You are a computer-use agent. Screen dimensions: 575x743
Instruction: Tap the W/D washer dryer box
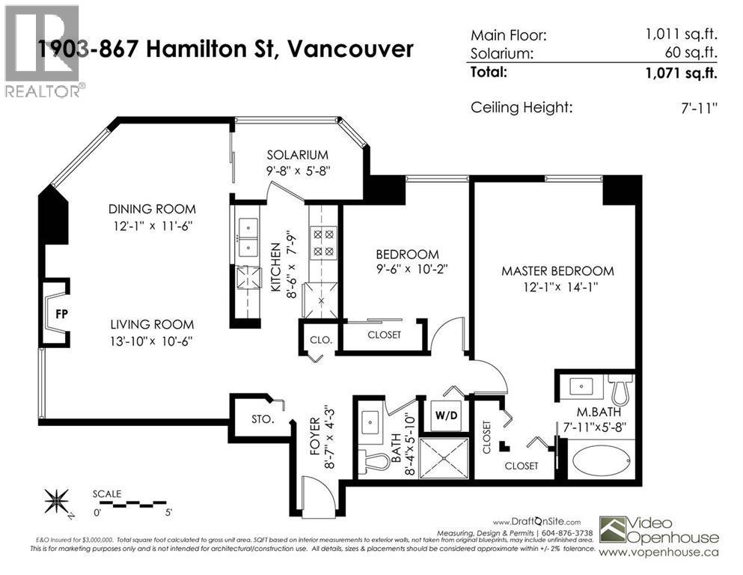tap(444, 414)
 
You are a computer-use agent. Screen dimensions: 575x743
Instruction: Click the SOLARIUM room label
tap(298, 155)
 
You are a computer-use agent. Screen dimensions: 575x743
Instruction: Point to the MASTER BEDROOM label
tap(557, 271)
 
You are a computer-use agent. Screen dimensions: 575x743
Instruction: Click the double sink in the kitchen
tap(245, 236)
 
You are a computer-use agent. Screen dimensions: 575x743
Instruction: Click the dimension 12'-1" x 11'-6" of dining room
tap(152, 225)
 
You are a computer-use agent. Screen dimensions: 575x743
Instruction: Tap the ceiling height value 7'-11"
tap(697, 108)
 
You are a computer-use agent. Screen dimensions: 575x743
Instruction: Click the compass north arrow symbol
tap(58, 499)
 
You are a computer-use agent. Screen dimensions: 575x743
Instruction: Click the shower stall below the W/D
tap(444, 457)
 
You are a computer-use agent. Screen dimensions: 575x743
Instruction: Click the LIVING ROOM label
tap(152, 324)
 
